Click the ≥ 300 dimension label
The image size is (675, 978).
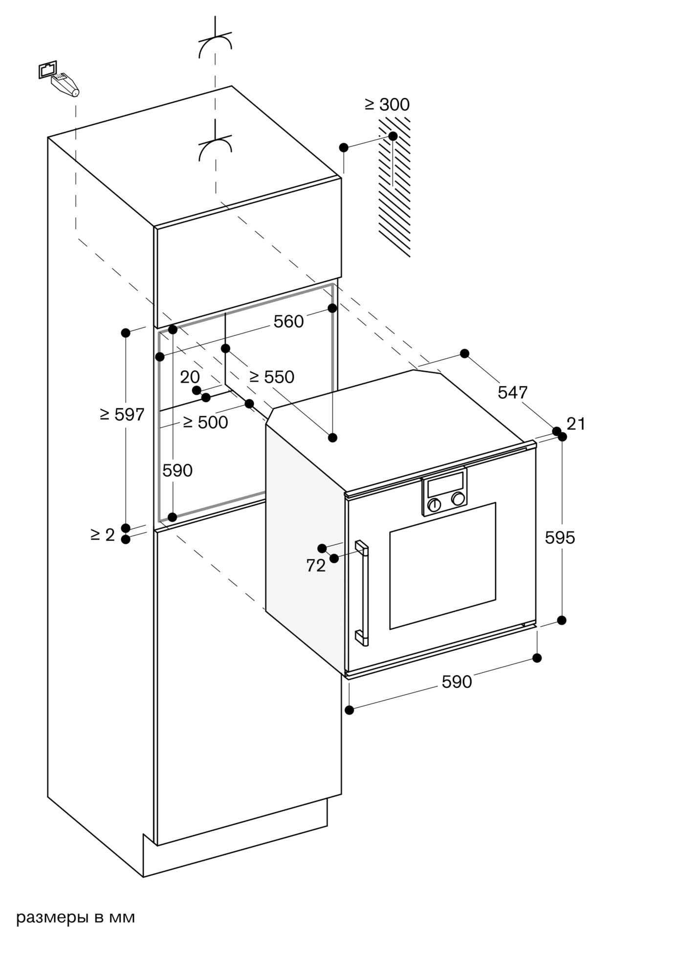(x=387, y=105)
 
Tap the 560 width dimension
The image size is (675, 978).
(x=288, y=321)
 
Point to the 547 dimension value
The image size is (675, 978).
(x=513, y=392)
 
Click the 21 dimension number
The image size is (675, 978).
(x=576, y=423)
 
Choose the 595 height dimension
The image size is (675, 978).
(x=560, y=538)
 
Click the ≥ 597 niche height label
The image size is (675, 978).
(x=122, y=415)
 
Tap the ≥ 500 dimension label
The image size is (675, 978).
(x=205, y=422)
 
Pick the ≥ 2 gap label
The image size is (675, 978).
(x=103, y=535)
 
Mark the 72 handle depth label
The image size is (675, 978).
(x=316, y=566)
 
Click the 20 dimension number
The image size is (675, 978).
(x=190, y=377)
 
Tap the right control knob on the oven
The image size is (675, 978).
(x=458, y=499)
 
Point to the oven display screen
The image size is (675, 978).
(x=445, y=485)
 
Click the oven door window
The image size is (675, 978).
(x=442, y=565)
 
